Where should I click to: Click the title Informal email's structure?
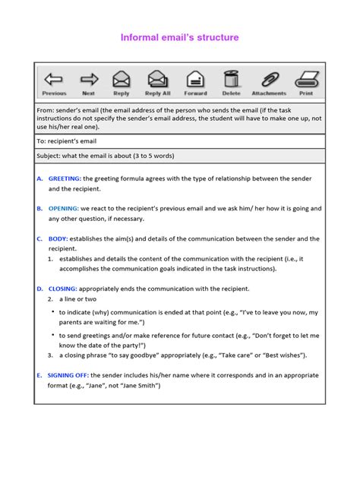tap(180, 37)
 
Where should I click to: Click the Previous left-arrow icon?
tap(54, 79)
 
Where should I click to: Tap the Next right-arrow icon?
tap(89, 79)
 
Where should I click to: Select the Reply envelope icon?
tap(122, 79)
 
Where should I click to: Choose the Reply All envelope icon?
tap(157, 79)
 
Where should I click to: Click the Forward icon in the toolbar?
tap(195, 79)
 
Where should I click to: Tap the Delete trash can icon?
tap(231, 79)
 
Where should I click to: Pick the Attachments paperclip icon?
tap(270, 79)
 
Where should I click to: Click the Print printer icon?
tap(306, 79)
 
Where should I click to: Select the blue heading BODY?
tap(58, 238)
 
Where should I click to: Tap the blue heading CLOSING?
tap(62, 289)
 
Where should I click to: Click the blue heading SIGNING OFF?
tap(68, 375)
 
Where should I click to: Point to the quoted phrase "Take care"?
tap(232, 355)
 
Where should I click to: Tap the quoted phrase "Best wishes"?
tap(279, 355)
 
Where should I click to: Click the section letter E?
tap(39, 375)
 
